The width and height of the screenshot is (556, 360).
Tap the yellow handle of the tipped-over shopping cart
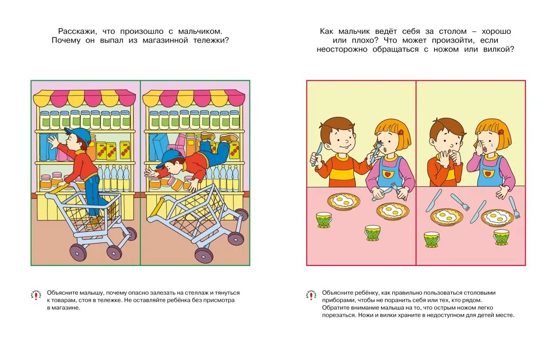[156, 208]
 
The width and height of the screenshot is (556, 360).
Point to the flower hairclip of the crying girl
[501, 132]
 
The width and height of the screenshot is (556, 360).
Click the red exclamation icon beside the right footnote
[311, 295]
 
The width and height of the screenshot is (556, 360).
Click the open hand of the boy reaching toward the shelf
[52, 143]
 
